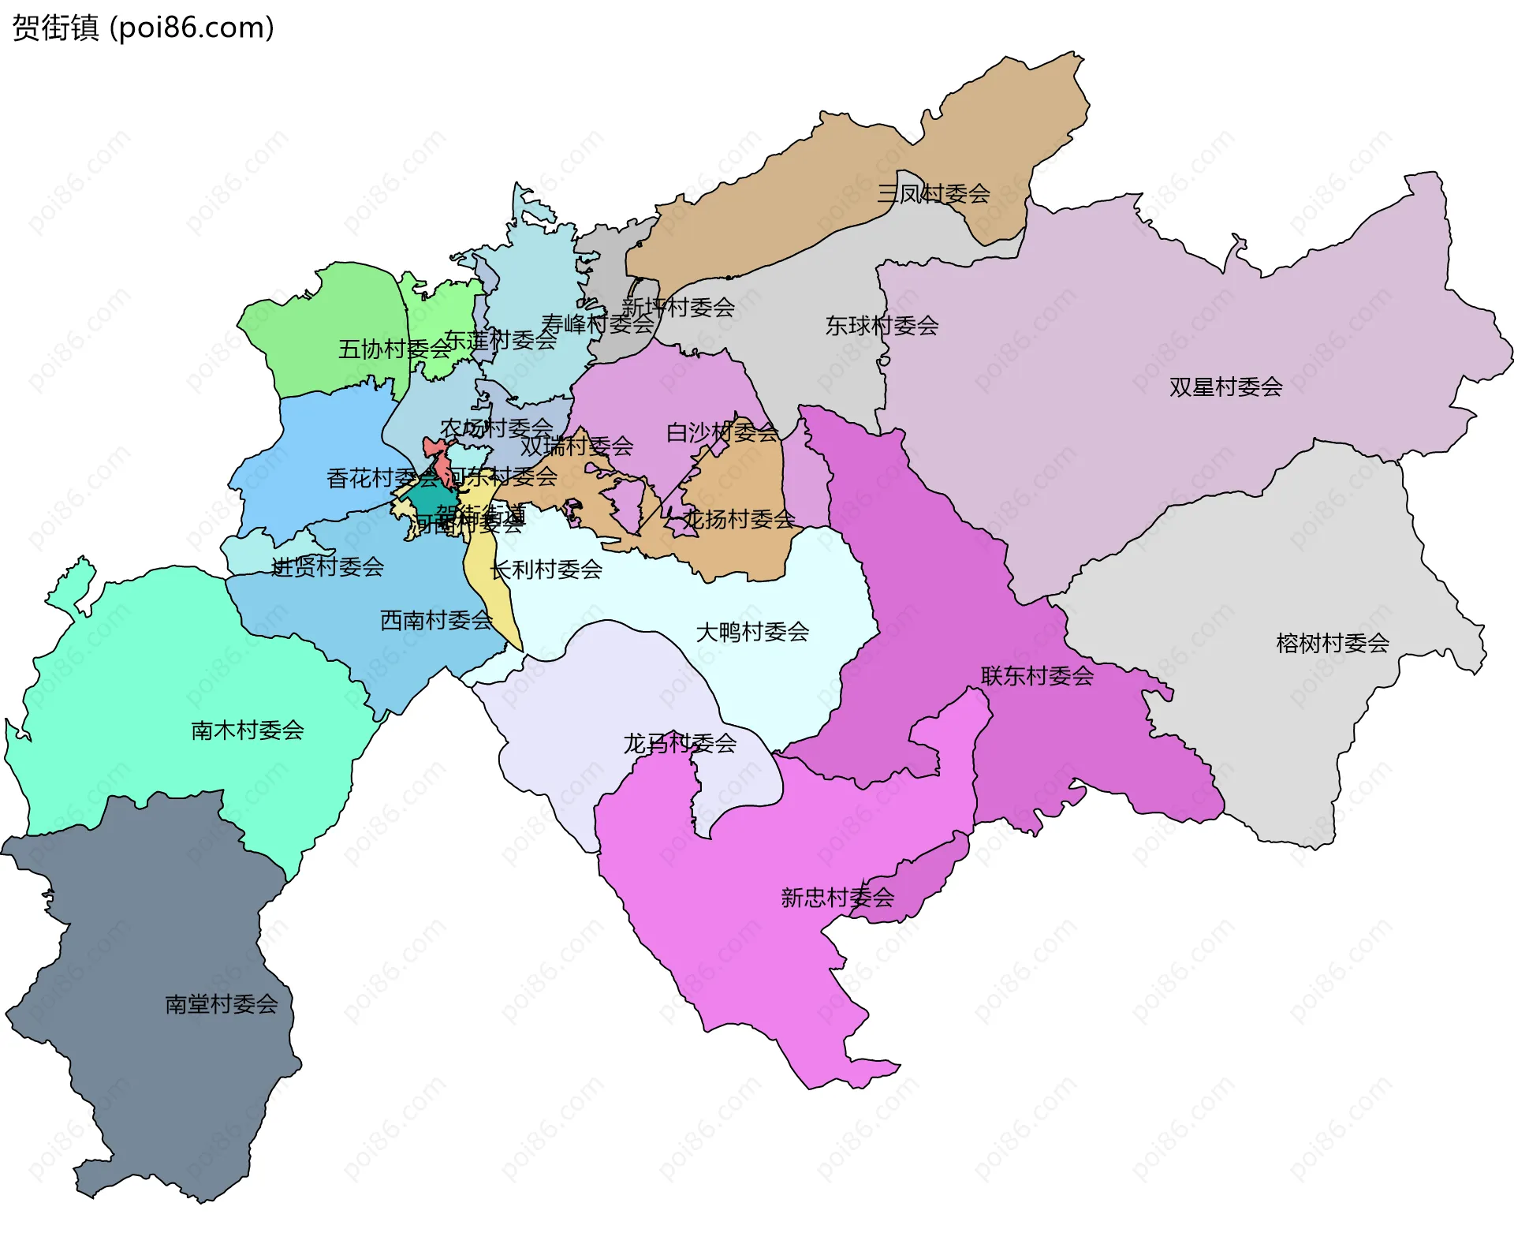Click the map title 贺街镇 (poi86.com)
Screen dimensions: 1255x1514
click(143, 28)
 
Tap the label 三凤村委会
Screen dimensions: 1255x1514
click(934, 193)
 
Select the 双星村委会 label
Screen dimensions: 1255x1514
click(1225, 387)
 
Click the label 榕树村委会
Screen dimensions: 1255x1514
click(1333, 643)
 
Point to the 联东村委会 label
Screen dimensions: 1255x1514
click(1037, 675)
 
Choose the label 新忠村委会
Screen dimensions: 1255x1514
click(837, 897)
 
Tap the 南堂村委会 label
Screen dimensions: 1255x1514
click(222, 1003)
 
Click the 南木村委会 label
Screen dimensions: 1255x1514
click(248, 730)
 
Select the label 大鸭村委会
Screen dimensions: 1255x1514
click(752, 631)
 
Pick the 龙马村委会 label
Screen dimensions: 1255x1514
click(680, 743)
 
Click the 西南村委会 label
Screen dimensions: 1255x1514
click(436, 620)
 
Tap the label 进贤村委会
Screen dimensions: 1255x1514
click(327, 566)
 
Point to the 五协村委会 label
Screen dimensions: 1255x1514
click(394, 349)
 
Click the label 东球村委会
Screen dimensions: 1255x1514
click(882, 325)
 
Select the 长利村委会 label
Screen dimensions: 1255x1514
click(546, 569)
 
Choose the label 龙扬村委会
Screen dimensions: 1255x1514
click(738, 518)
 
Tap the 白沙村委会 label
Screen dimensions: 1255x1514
click(722, 431)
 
